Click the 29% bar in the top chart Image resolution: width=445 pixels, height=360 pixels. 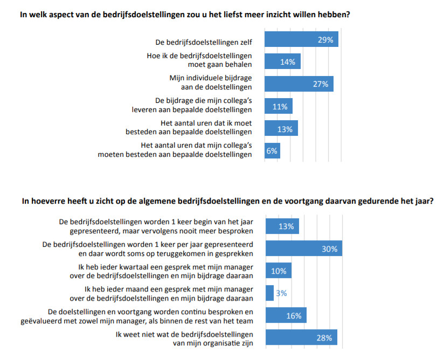(302, 40)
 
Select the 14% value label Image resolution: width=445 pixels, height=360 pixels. (287, 62)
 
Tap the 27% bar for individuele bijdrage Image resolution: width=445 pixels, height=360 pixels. (299, 84)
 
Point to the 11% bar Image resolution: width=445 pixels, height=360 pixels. (279, 107)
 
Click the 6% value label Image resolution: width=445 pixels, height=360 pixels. (272, 151)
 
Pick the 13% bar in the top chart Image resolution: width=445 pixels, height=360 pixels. (281, 129)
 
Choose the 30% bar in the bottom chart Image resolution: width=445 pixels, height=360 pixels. (304, 249)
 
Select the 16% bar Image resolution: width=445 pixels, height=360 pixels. (286, 315)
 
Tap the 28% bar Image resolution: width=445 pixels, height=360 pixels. (302, 337)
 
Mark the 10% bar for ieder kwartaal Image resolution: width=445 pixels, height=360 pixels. (279, 271)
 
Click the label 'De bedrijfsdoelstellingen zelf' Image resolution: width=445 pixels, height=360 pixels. (203, 40)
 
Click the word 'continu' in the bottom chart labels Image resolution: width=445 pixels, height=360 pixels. (194, 311)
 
